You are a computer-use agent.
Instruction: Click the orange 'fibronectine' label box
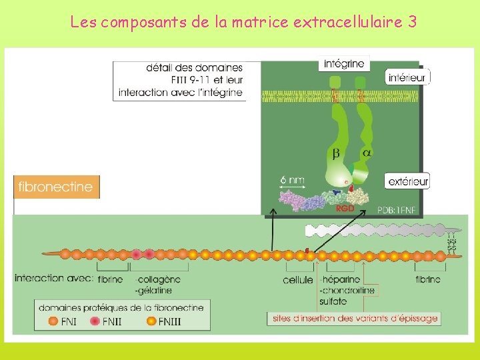tap(57, 187)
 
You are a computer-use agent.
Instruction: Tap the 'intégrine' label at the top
tap(344, 64)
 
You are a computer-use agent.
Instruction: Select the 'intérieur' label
tap(407, 78)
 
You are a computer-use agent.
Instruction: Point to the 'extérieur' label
tap(407, 181)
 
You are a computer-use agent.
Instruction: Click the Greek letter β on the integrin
tap(336, 154)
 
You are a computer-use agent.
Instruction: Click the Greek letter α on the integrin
tap(367, 153)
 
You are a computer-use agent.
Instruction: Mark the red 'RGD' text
tap(345, 208)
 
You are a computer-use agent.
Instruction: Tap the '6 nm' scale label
tap(292, 179)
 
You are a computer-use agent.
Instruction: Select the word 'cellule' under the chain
tap(298, 279)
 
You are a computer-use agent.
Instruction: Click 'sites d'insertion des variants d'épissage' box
tap(355, 318)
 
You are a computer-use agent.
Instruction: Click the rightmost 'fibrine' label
tap(427, 279)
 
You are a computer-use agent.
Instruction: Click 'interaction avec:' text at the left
tap(53, 278)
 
